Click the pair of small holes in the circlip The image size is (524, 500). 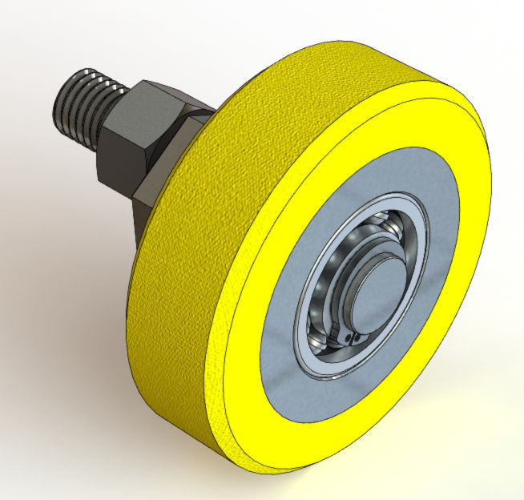[346, 337]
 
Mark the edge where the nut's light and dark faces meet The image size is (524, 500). [136, 132]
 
